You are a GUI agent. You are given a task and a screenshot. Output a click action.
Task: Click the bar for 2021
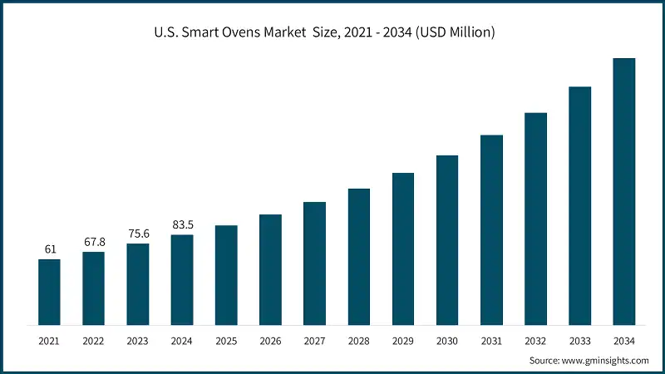[49, 292]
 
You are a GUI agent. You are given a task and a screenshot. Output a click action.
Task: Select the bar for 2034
[623, 191]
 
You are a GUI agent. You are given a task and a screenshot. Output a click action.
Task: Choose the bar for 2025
[226, 274]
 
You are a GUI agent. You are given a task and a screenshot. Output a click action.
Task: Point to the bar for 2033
[579, 205]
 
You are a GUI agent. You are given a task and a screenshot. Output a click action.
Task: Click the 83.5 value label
[182, 224]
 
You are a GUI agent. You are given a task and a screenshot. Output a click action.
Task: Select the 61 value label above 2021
[49, 249]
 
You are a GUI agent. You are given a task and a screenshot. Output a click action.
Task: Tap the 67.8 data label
[93, 242]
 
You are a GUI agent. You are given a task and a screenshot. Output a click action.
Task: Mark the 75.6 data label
[138, 234]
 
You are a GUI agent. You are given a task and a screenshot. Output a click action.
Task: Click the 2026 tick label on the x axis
[270, 341]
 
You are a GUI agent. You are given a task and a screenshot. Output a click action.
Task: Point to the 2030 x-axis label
[447, 341]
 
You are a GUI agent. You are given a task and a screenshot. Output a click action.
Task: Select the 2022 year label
[93, 341]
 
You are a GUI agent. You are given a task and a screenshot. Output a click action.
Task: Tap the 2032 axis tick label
[535, 341]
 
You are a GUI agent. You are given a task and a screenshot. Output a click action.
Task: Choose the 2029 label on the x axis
[403, 341]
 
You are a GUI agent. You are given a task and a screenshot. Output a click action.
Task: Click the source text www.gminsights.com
[589, 361]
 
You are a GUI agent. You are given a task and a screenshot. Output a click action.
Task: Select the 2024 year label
[182, 341]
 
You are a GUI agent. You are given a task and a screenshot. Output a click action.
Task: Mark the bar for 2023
[138, 283]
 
